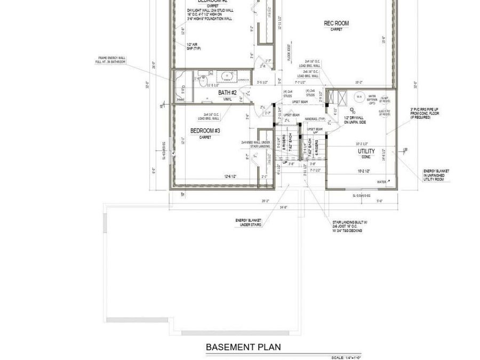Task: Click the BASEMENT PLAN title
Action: pyautogui.click(x=243, y=347)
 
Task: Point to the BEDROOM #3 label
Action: pyautogui.click(x=205, y=131)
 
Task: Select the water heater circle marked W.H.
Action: pyautogui.click(x=359, y=97)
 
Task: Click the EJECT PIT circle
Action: pyautogui.click(x=383, y=112)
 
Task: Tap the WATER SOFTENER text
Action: pyautogui.click(x=372, y=99)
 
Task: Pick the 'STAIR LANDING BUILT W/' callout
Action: pyautogui.click(x=347, y=223)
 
